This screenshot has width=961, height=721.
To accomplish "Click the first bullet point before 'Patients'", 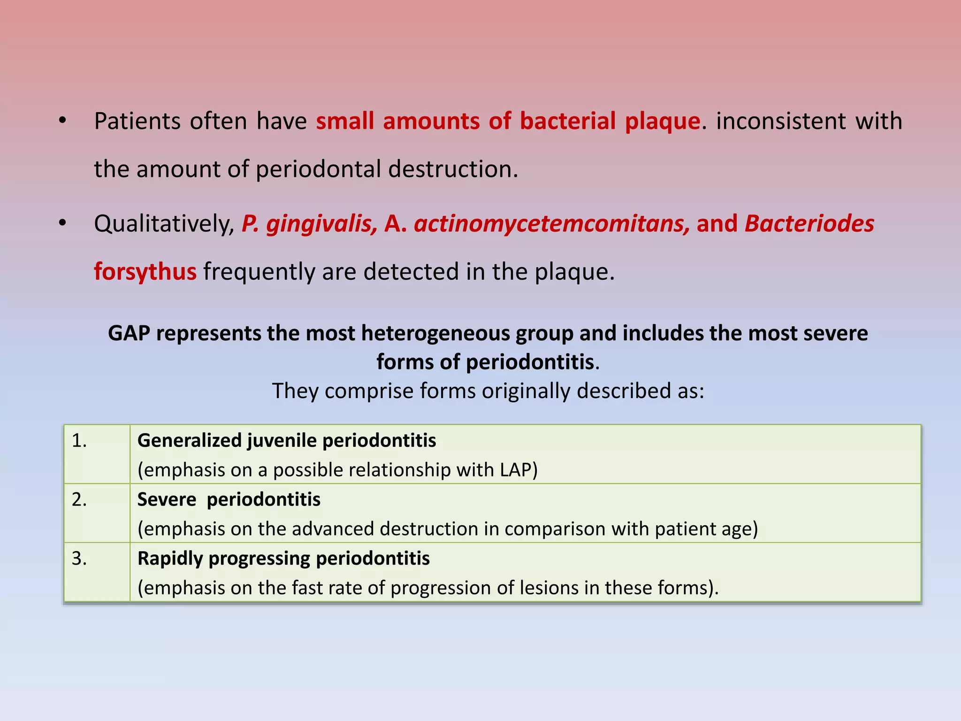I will coord(62,122).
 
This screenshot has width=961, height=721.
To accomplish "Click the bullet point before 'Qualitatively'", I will coord(62,224).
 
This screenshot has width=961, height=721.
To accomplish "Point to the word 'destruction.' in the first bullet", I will coord(453,169).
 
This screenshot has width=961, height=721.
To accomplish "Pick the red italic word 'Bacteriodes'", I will coord(809,223).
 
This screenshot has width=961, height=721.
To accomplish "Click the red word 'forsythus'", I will coord(145,272).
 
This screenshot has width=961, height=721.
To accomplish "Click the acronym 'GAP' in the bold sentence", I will coord(129,333).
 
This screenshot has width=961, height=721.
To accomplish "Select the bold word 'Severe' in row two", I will coord(167,499).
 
